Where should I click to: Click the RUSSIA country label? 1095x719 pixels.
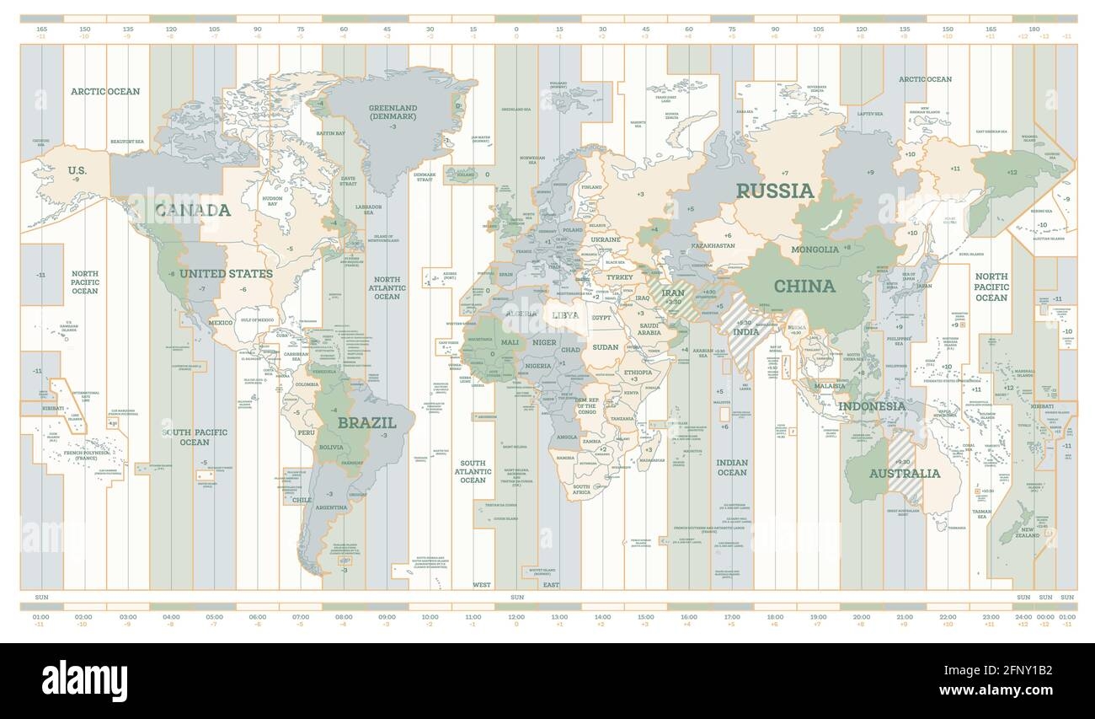pos(776,190)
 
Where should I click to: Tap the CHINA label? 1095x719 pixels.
pos(804,286)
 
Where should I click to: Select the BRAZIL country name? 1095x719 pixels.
pos(366,422)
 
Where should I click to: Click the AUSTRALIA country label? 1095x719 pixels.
pos(904,473)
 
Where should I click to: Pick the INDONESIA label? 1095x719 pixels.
pos(871,405)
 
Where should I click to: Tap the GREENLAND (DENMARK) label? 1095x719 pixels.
pos(393,112)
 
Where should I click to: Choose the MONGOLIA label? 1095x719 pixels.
pos(815,250)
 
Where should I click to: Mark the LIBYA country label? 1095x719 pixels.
pos(565,314)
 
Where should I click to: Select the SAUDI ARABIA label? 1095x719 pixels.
pos(649,329)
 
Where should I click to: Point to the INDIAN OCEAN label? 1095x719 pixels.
pos(732,467)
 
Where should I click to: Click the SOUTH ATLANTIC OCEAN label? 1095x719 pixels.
pos(473,471)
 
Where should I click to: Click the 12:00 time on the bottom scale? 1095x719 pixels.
pos(516,616)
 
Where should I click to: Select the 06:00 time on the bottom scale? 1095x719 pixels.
pos(258,616)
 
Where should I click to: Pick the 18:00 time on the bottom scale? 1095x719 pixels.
pos(775,616)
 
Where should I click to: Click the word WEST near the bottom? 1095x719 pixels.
pos(482,584)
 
